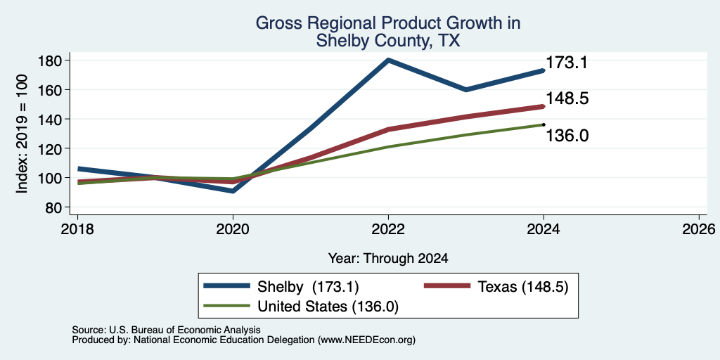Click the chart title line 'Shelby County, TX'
388,41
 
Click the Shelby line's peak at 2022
388,60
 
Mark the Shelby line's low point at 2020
233,190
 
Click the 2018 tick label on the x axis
77,229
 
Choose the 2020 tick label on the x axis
233,229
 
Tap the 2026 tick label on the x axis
699,229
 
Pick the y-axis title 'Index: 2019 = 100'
22,134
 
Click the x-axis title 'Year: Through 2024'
388,259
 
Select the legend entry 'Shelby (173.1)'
281,287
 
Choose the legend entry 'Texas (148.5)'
496,287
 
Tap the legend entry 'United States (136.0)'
301,307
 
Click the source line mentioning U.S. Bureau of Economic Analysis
166,330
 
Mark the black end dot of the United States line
544,124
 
